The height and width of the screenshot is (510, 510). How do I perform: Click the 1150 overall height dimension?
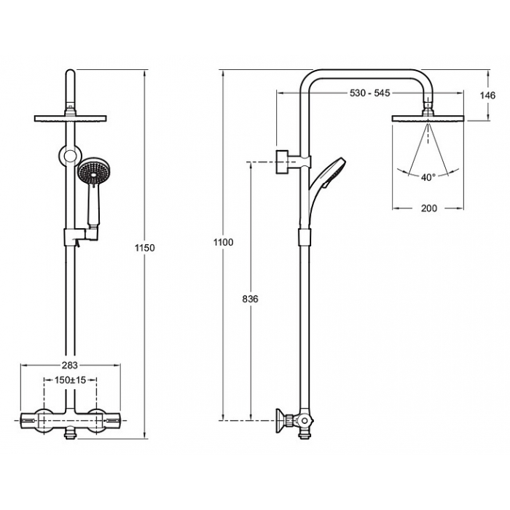[145, 248]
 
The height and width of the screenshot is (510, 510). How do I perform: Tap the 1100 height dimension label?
[224, 242]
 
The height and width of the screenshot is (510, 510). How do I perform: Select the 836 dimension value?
[250, 299]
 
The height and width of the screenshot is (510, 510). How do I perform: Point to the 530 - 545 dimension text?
[370, 93]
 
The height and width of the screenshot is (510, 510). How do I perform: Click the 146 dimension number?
[487, 95]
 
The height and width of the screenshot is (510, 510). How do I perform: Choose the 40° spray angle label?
[428, 177]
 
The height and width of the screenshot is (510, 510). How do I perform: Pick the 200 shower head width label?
[429, 208]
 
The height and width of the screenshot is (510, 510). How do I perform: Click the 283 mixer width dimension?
[70, 365]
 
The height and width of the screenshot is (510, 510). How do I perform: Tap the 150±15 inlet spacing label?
[70, 380]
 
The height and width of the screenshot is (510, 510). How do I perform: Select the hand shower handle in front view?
[93, 205]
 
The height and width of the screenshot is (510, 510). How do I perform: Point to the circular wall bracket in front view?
[70, 156]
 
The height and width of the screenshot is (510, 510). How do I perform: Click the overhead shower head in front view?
[70, 118]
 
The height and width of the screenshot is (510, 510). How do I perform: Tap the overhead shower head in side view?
[428, 119]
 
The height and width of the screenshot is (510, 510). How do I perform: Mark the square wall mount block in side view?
[282, 162]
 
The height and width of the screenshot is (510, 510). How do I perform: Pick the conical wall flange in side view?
[280, 421]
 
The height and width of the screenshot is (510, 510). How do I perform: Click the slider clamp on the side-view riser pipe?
[305, 237]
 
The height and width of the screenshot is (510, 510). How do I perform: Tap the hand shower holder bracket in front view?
[81, 237]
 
